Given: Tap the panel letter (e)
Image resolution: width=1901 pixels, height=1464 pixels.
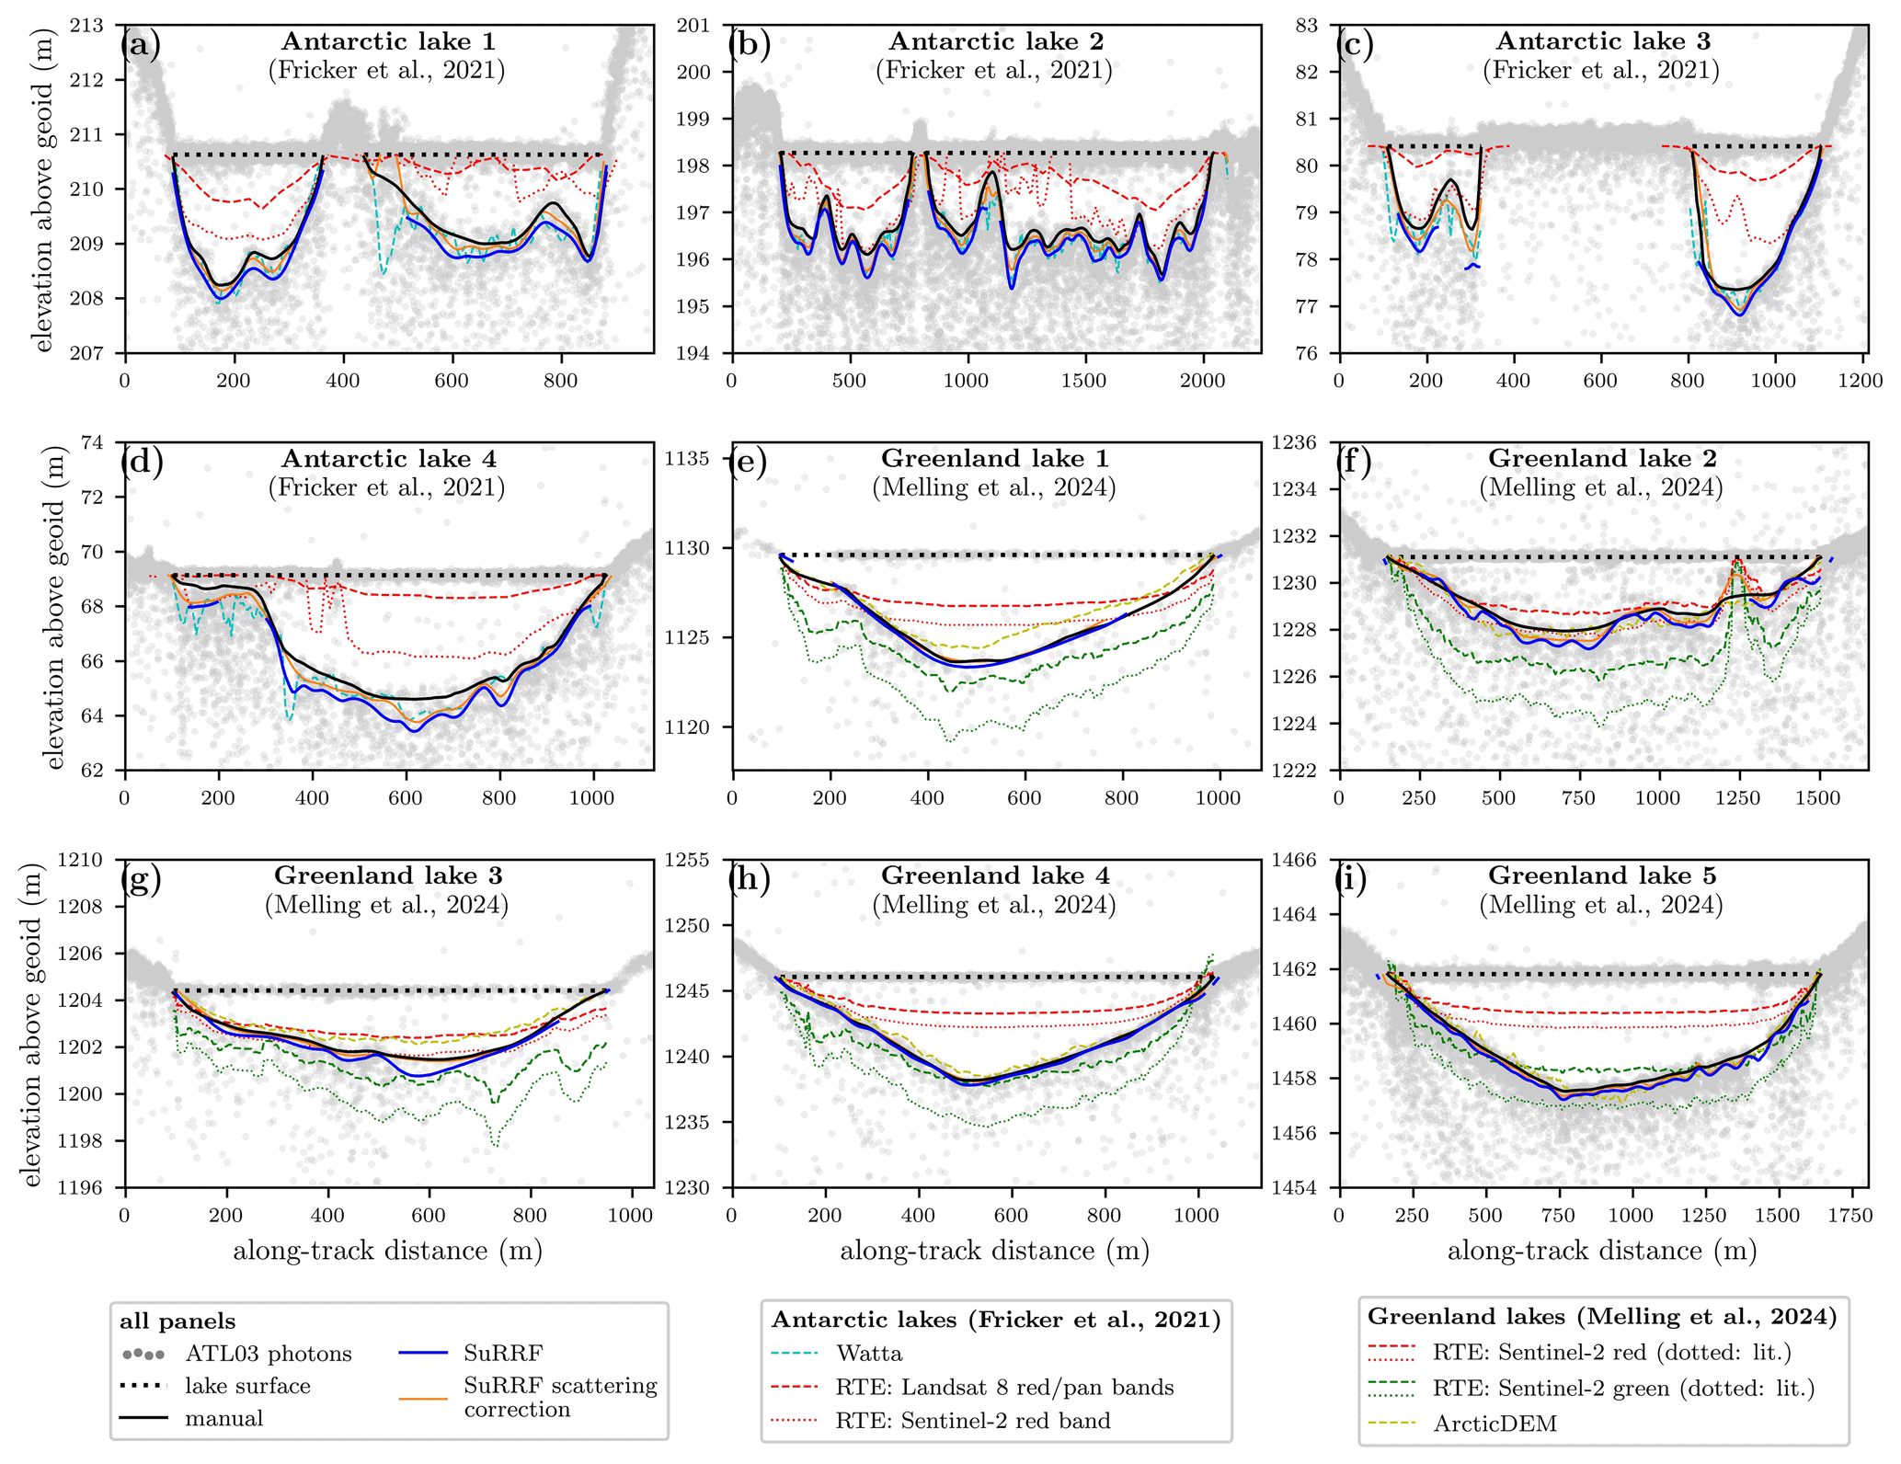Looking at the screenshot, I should (749, 461).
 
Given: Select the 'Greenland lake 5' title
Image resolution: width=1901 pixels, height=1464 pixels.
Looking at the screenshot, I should (1601, 875).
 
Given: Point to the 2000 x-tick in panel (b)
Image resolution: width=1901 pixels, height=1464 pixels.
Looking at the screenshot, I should (1201, 382).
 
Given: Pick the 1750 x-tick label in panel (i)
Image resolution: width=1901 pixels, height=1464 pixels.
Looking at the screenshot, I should (1849, 1216).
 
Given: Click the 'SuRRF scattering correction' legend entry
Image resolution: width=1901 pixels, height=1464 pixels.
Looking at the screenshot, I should (560, 1397).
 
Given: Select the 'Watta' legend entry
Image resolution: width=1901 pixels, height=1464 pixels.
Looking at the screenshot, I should (869, 1354).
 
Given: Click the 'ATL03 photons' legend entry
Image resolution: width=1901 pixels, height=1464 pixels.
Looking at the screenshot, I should (268, 1354).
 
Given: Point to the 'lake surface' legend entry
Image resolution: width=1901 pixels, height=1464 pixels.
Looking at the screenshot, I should (247, 1386).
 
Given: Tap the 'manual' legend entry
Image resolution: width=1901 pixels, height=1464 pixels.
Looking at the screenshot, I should (223, 1418).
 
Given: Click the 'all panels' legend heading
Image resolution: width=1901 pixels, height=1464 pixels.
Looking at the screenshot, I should (178, 1321).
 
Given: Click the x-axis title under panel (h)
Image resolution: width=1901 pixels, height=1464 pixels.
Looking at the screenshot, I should (994, 1251).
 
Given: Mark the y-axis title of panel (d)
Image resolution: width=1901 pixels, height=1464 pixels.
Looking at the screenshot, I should (54, 607).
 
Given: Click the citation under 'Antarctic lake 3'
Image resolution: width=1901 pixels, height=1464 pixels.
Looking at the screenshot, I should (1600, 70).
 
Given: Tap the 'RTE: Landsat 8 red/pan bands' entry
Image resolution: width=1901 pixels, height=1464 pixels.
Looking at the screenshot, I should (1004, 1387).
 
